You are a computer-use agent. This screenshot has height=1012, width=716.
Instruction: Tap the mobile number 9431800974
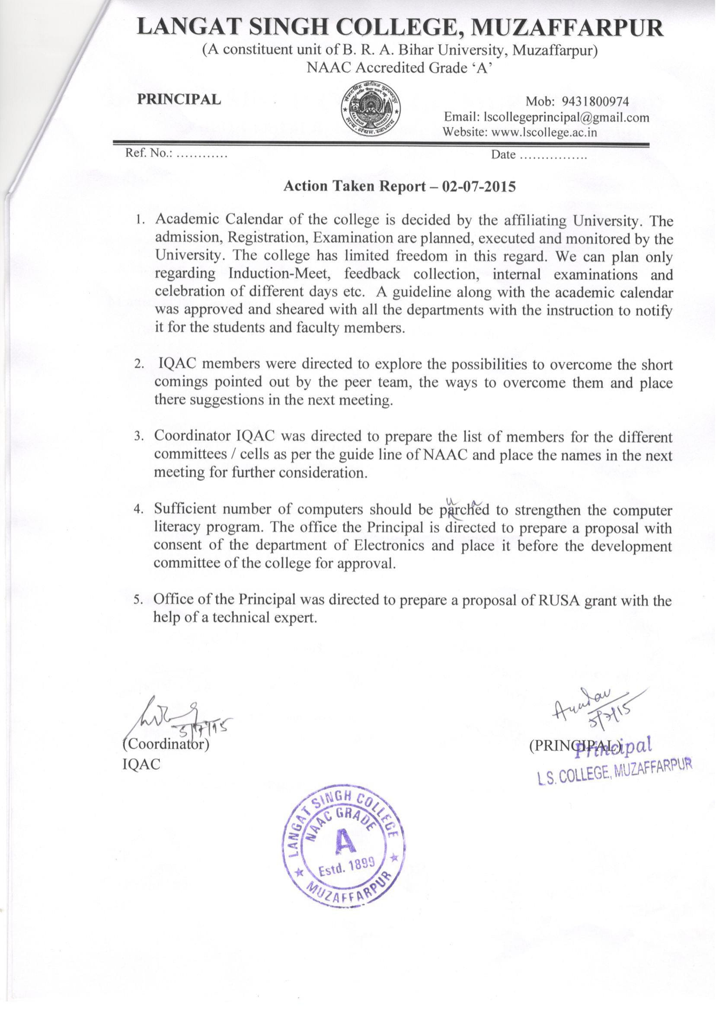click(x=595, y=103)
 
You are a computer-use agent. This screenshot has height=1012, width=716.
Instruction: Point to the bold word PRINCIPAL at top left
click(x=179, y=99)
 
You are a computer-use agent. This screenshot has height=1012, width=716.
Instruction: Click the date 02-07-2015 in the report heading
click(x=478, y=186)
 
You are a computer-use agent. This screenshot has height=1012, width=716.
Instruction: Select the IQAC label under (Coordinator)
click(x=141, y=764)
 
